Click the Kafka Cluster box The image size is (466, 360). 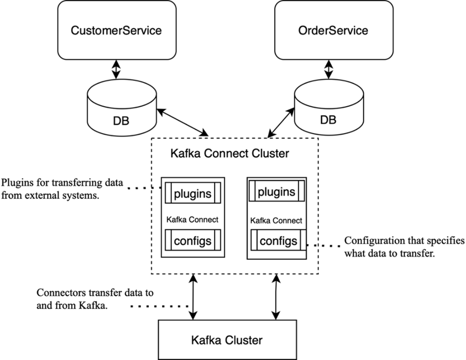tap(227, 340)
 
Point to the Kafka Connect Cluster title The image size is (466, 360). tap(229, 153)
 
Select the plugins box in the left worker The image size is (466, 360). tap(193, 193)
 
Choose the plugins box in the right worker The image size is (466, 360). tap(276, 191)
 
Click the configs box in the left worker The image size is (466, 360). tap(193, 241)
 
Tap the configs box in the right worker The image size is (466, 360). tap(278, 241)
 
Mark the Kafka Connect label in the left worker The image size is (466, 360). tap(192, 219)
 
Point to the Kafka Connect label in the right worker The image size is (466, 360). tap(276, 221)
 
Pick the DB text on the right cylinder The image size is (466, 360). tap(328, 120)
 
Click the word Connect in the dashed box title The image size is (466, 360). tap(224, 153)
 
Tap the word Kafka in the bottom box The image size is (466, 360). tap(206, 340)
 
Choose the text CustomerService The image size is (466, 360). tap(116, 30)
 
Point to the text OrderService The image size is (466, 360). tap(333, 30)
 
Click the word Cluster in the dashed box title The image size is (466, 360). tap(269, 153)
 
